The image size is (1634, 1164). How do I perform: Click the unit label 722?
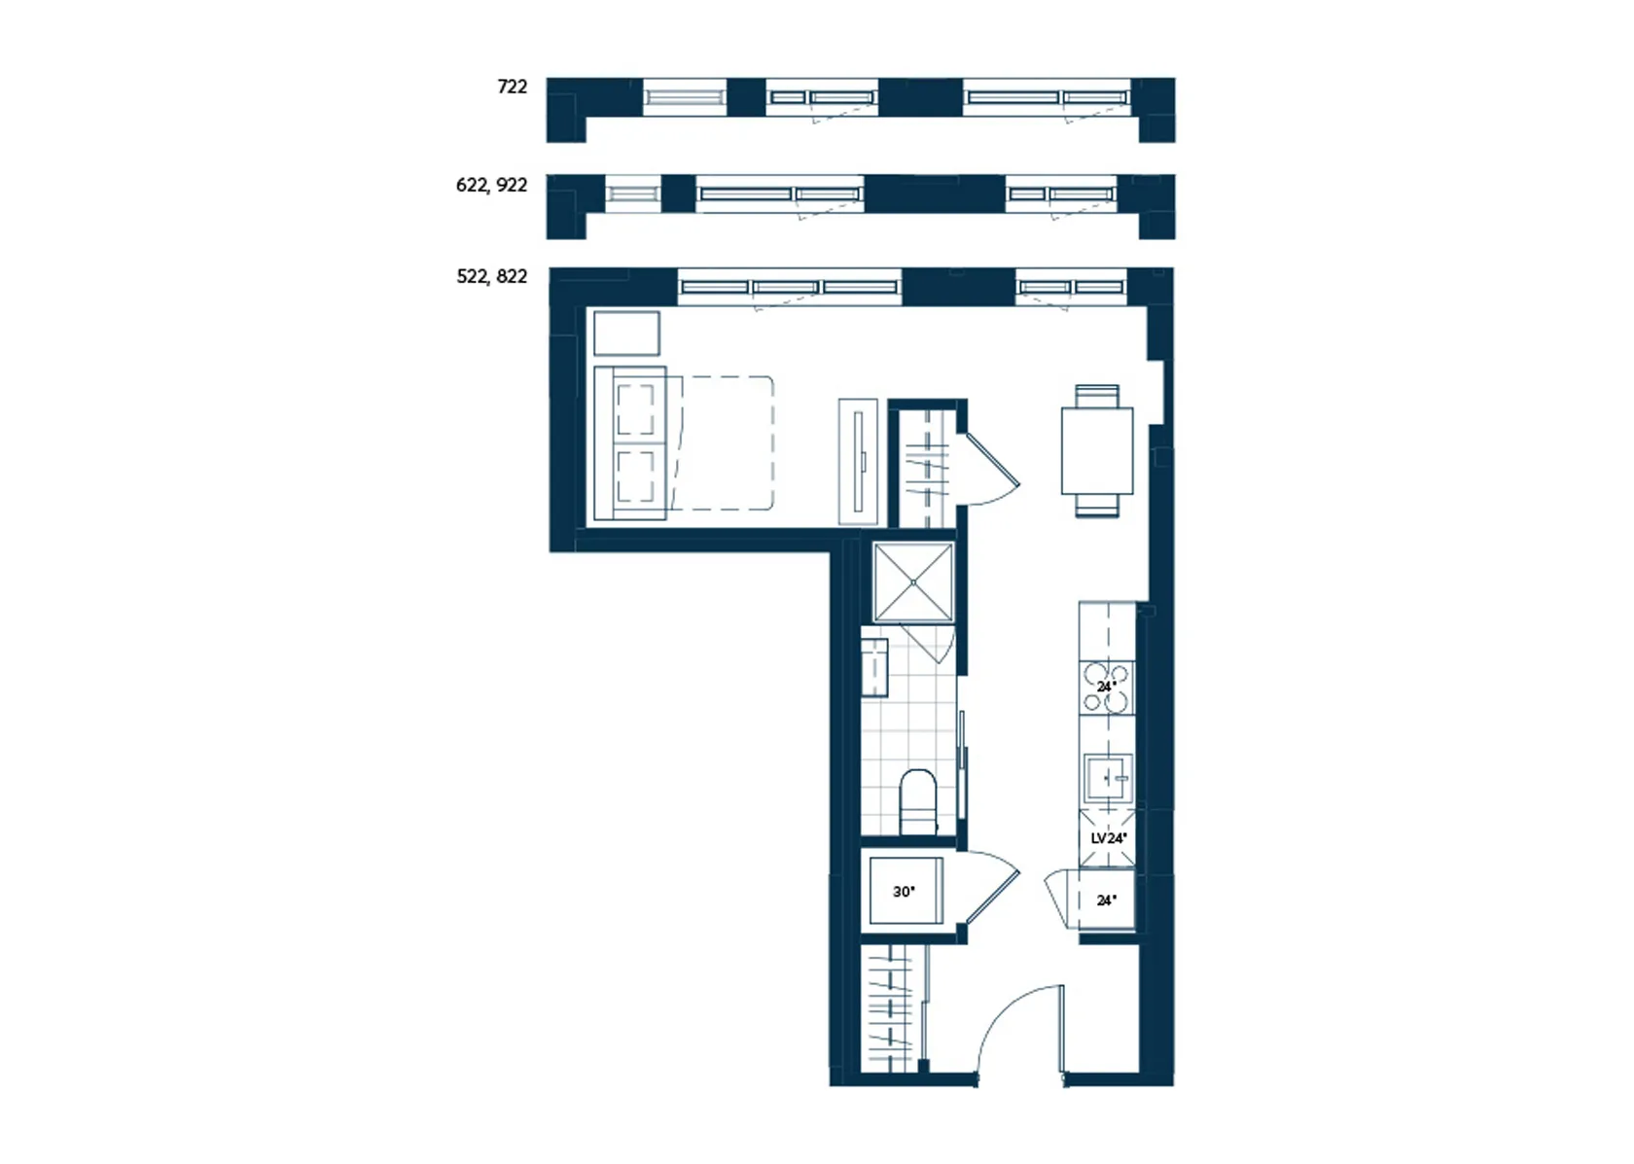512,87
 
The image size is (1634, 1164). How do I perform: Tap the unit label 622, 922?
492,185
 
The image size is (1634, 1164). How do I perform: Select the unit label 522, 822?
492,276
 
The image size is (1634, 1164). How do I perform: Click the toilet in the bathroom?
918,802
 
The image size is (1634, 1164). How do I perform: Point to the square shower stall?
913,582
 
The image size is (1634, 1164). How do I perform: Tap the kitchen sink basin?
1108,778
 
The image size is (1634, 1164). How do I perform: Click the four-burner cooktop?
1107,687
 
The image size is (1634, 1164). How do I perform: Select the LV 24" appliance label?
1109,838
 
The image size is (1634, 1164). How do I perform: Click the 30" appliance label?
904,892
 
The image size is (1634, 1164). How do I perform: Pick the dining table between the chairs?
1097,451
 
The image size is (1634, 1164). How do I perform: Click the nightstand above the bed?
626,335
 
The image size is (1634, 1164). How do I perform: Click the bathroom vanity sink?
873,667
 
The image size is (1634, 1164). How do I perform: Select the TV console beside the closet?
858,461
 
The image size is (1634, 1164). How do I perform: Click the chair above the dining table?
1097,396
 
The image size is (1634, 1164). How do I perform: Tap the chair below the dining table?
1097,506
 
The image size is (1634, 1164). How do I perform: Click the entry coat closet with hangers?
892,1008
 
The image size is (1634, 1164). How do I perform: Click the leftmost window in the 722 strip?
685,97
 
